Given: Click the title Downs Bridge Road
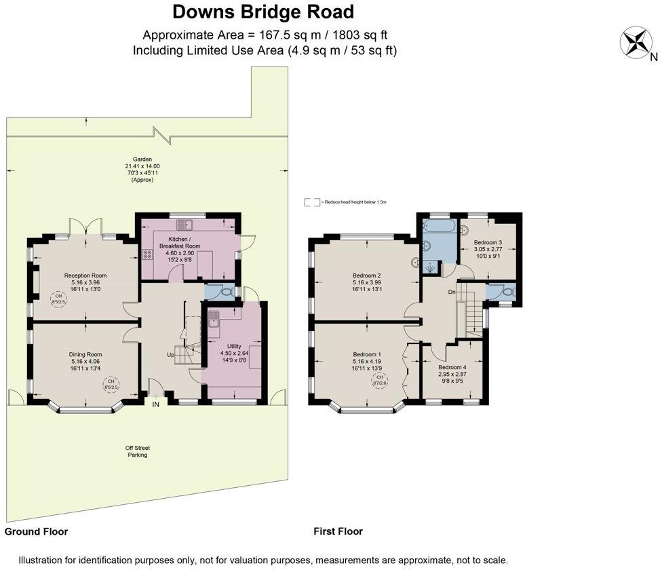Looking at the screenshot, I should coord(263,12).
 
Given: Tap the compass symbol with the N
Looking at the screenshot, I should coord(636,42).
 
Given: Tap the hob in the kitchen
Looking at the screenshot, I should coord(147,255).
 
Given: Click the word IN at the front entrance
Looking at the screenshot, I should coord(155,404).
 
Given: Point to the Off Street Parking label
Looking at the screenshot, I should coord(137,451).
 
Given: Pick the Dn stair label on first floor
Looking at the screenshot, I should coord(450,292).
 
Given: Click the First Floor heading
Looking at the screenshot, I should coord(338,531).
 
